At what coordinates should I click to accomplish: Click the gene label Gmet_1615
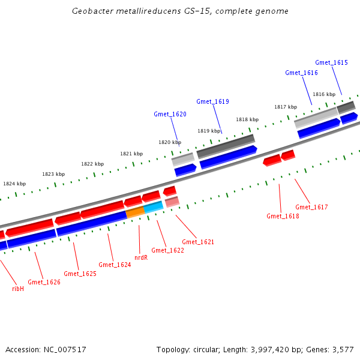coord(331,62)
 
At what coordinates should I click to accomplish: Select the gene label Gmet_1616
coord(301,73)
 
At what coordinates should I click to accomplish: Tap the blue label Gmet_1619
coord(212,101)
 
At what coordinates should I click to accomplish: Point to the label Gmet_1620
coord(170,114)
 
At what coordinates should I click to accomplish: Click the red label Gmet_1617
coord(311,207)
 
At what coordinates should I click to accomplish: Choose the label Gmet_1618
coord(283,216)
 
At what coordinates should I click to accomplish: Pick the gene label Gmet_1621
coord(198,242)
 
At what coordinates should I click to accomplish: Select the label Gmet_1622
coord(167,250)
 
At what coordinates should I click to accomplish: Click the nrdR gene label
coord(141,257)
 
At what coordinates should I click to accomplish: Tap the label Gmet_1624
coord(115,265)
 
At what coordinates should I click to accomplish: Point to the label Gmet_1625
coord(80,274)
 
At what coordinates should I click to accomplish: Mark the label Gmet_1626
coord(44,282)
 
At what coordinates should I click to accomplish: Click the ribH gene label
coord(18,289)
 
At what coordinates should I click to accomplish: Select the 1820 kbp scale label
coord(170,142)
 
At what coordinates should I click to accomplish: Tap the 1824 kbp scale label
coord(14,184)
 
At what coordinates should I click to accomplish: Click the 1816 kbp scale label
coord(323,94)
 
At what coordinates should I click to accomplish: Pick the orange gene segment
coord(135,212)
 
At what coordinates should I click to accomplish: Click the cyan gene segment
coord(153,207)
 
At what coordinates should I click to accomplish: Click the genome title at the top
coord(180,11)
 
